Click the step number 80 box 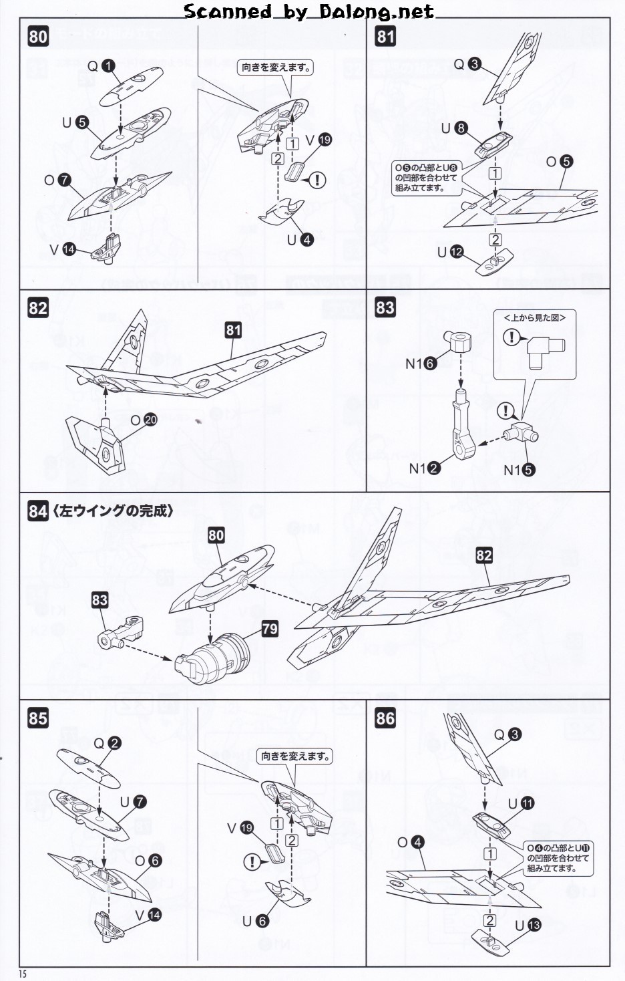point(38,35)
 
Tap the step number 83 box point(385,308)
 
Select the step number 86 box point(385,718)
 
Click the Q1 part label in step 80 point(101,65)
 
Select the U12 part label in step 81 point(450,252)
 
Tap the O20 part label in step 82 point(144,420)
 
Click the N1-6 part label point(421,364)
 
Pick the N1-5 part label point(519,470)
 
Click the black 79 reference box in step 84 point(270,629)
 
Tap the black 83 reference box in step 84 point(99,599)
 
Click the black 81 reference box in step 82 point(233,329)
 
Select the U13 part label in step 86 point(528,926)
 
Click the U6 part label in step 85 point(254,921)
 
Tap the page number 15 point(23,973)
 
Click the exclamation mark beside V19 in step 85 point(252,862)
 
